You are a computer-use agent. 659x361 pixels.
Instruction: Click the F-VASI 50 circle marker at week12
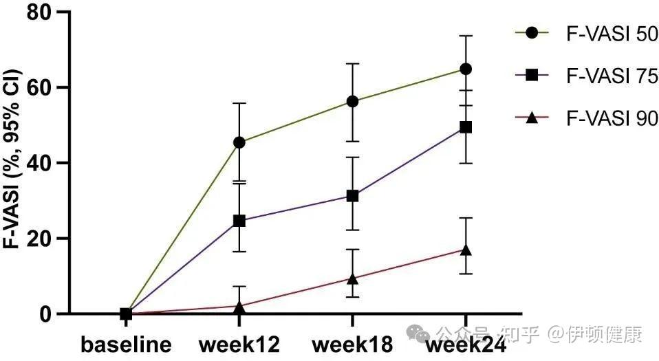[239, 142]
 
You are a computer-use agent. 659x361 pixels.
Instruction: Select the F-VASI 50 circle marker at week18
[353, 101]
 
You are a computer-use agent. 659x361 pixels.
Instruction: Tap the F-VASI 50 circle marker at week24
[466, 69]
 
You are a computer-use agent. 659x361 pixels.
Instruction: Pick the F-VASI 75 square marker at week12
[239, 221]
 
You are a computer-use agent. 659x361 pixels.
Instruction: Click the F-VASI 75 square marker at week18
[353, 196]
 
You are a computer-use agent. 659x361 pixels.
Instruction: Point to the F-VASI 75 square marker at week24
[466, 127]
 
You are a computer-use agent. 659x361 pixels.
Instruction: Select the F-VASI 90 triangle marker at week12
[239, 306]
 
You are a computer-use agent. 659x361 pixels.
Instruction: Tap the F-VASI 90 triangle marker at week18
[353, 278]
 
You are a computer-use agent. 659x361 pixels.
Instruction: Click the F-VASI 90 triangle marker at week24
[466, 250]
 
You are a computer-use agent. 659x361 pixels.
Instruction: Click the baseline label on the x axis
[126, 344]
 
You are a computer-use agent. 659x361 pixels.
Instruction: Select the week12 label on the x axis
[239, 344]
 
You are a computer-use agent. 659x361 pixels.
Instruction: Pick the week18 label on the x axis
[353, 344]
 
